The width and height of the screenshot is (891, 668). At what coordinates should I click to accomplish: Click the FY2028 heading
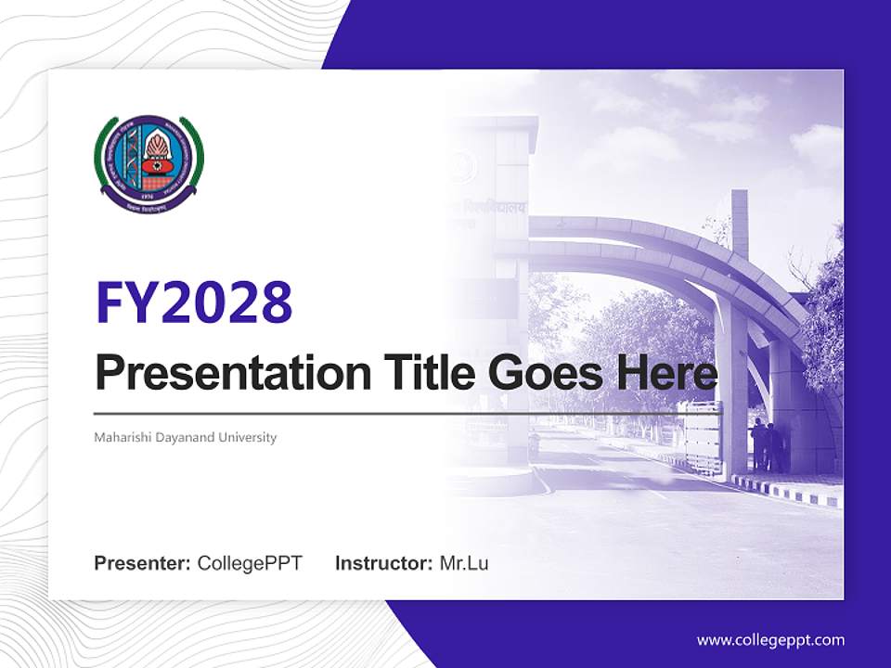click(x=194, y=302)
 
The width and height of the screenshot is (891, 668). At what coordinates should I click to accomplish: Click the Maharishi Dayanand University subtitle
click(x=186, y=437)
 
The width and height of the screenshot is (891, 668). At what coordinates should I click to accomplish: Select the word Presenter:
click(x=142, y=563)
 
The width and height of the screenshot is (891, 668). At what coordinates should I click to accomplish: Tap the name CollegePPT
click(x=250, y=563)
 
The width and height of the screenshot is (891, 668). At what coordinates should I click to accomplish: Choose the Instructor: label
click(x=383, y=563)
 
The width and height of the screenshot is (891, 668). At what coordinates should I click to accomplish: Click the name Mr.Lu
click(x=464, y=563)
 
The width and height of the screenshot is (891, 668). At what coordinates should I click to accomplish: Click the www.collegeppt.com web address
click(x=770, y=639)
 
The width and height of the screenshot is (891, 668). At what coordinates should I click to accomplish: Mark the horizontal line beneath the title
click(x=390, y=413)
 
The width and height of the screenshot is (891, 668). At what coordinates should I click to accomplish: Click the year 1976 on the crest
click(x=148, y=198)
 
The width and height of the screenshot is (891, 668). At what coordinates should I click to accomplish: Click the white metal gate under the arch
click(x=702, y=436)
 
